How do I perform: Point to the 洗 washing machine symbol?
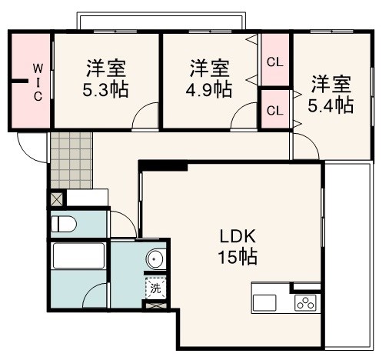(x=155, y=289)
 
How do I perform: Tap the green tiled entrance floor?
(x=71, y=159)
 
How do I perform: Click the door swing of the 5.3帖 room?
(x=144, y=118)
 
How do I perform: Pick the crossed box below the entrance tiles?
(x=57, y=198)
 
